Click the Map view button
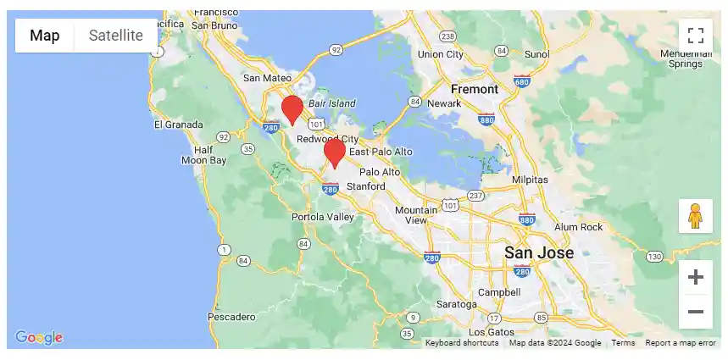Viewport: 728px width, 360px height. tap(45, 36)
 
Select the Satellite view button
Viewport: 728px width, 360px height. tap(116, 36)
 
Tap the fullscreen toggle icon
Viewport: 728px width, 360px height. tap(696, 36)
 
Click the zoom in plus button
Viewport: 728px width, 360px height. tap(696, 277)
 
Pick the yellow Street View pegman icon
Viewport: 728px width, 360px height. tap(696, 216)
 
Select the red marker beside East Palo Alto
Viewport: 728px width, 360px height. tap(335, 152)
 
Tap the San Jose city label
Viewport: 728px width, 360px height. tap(539, 252)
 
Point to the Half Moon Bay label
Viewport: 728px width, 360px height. tap(204, 155)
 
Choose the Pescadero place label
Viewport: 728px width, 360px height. tap(231, 317)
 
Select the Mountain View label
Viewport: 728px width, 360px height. tap(416, 215)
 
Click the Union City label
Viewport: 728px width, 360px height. tap(441, 54)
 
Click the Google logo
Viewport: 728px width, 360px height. tap(39, 337)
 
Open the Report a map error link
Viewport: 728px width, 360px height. tap(681, 343)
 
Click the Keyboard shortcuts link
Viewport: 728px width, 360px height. tap(462, 343)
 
